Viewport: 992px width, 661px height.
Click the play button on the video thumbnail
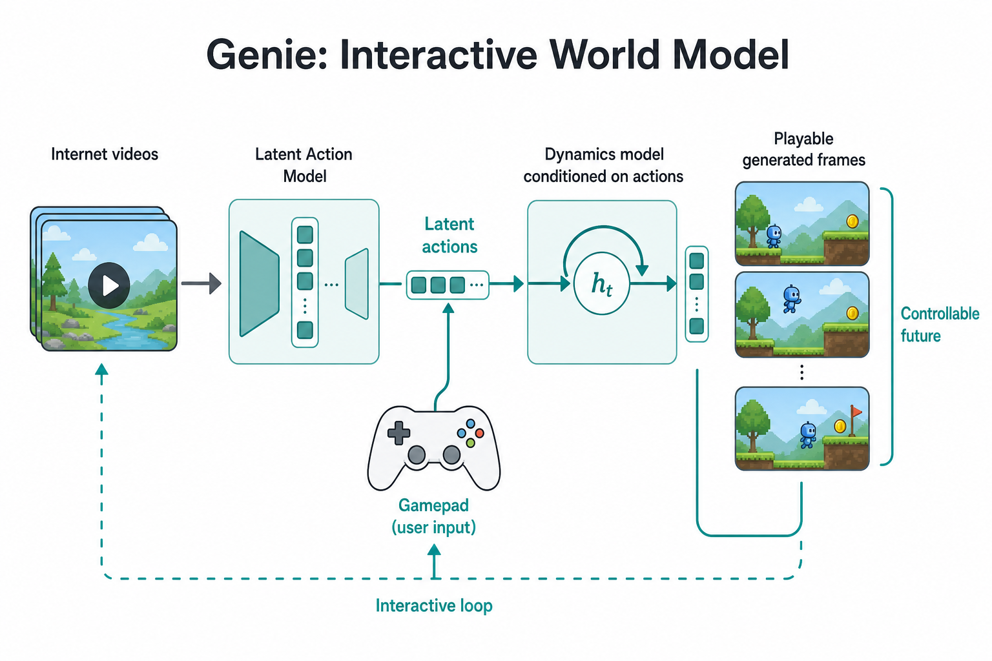click(x=109, y=285)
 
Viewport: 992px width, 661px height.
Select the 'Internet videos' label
click(x=105, y=154)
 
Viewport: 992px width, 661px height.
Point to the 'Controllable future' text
click(x=940, y=325)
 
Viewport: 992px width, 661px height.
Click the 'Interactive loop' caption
click(x=434, y=605)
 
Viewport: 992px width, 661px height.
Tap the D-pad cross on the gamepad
click(x=398, y=432)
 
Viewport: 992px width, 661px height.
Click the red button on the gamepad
click(x=479, y=433)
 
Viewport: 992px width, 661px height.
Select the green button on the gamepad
click(x=470, y=442)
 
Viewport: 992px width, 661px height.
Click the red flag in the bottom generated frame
click(x=856, y=412)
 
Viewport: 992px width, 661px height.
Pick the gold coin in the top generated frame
click(x=852, y=221)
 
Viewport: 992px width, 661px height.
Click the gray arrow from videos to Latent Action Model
click(x=201, y=283)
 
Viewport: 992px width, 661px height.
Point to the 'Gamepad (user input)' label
click(x=433, y=516)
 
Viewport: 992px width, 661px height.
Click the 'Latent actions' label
click(x=449, y=235)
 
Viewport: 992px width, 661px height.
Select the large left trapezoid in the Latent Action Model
click(x=260, y=284)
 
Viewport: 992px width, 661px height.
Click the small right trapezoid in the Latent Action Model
click(x=357, y=284)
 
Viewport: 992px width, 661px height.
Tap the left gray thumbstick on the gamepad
click(x=417, y=454)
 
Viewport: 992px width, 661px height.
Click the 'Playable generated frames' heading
click(x=803, y=149)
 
